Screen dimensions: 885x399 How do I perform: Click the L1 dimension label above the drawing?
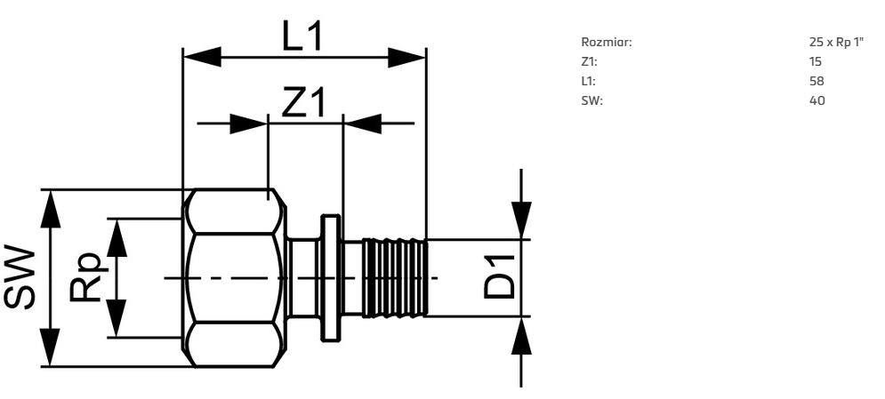coord(302,36)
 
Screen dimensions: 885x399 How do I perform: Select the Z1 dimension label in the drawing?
coord(303,101)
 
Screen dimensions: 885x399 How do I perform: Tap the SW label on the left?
coord(20,277)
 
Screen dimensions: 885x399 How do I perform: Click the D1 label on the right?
coord(500,276)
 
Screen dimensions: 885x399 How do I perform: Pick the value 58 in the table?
coord(817,81)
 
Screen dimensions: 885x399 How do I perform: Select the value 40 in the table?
coord(817,101)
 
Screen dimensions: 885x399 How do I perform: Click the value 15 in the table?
coord(815,61)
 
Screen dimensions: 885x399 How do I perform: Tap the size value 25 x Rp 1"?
coord(836,43)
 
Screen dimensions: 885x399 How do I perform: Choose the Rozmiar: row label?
coord(607,43)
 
